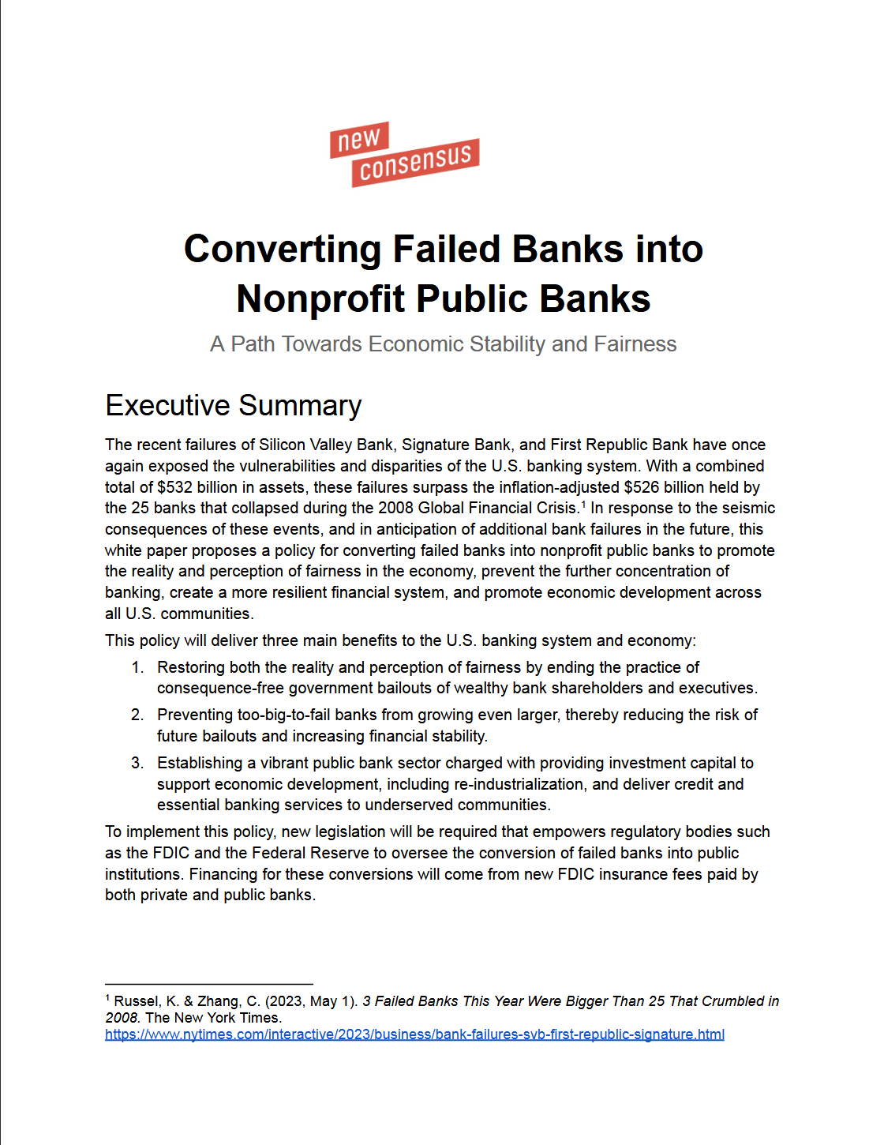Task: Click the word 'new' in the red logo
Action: pyautogui.click(x=359, y=140)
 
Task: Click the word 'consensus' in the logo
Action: pyautogui.click(x=416, y=163)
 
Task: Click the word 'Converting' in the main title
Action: pyautogui.click(x=282, y=250)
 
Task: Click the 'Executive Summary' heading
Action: pyautogui.click(x=234, y=405)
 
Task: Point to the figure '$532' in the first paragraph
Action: pyautogui.click(x=174, y=487)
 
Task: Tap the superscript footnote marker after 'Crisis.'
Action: pyautogui.click(x=583, y=504)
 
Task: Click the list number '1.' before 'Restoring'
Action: pyautogui.click(x=137, y=667)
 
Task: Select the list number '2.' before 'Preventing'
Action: pyautogui.click(x=137, y=715)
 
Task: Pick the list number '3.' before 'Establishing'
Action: pyautogui.click(x=137, y=763)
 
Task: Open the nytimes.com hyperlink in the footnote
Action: pyautogui.click(x=414, y=1034)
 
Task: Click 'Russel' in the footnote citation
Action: pyautogui.click(x=136, y=1001)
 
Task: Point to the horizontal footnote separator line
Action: pyautogui.click(x=209, y=984)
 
